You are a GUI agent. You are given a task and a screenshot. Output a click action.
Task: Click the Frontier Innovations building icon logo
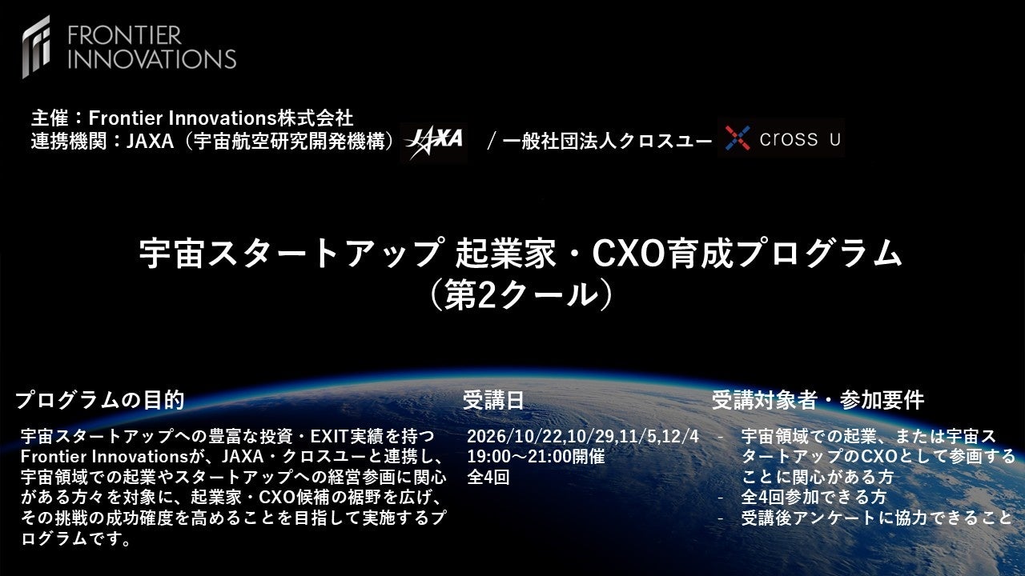tap(36, 46)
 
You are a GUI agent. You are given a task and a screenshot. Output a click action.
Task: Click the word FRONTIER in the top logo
tap(125, 36)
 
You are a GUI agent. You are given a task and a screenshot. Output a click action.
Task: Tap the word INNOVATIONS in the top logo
tap(152, 59)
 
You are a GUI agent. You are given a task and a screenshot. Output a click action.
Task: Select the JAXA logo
tap(433, 142)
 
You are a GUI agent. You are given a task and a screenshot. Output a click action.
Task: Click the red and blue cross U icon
tap(738, 138)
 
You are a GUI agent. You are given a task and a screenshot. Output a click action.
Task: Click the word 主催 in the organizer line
tap(50, 118)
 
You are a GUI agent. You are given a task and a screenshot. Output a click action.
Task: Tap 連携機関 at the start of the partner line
tap(69, 142)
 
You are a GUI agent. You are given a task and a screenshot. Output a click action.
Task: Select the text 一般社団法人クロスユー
tap(607, 142)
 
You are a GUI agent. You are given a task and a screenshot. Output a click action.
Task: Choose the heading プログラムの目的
tap(100, 400)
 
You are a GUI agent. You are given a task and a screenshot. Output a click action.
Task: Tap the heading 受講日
tap(493, 400)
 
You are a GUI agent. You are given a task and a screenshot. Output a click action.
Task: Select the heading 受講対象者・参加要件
tap(818, 400)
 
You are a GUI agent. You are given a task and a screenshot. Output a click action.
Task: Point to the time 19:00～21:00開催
tap(536, 457)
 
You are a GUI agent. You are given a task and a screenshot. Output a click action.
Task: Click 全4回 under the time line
tap(488, 478)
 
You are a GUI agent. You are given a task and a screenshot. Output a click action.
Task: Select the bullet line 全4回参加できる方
tap(814, 498)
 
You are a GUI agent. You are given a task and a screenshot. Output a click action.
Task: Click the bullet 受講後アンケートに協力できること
tap(877, 518)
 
